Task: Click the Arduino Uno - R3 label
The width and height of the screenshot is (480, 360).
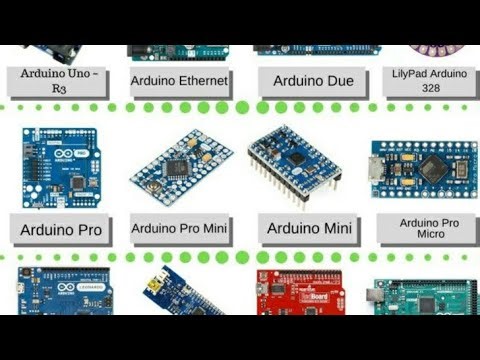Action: (60, 80)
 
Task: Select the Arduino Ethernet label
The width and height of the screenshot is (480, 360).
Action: (180, 80)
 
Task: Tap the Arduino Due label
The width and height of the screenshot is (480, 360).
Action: (305, 80)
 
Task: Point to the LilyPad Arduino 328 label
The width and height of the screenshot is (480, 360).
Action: (429, 80)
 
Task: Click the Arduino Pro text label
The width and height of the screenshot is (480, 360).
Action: (61, 229)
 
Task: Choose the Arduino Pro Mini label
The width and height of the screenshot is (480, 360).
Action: (180, 229)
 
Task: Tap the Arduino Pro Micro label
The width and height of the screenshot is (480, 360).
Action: (429, 229)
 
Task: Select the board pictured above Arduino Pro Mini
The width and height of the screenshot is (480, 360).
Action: (181, 160)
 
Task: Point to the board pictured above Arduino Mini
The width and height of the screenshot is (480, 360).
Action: (296, 160)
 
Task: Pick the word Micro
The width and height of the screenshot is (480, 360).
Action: (429, 236)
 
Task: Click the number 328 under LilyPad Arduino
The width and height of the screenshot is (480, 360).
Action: (429, 88)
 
